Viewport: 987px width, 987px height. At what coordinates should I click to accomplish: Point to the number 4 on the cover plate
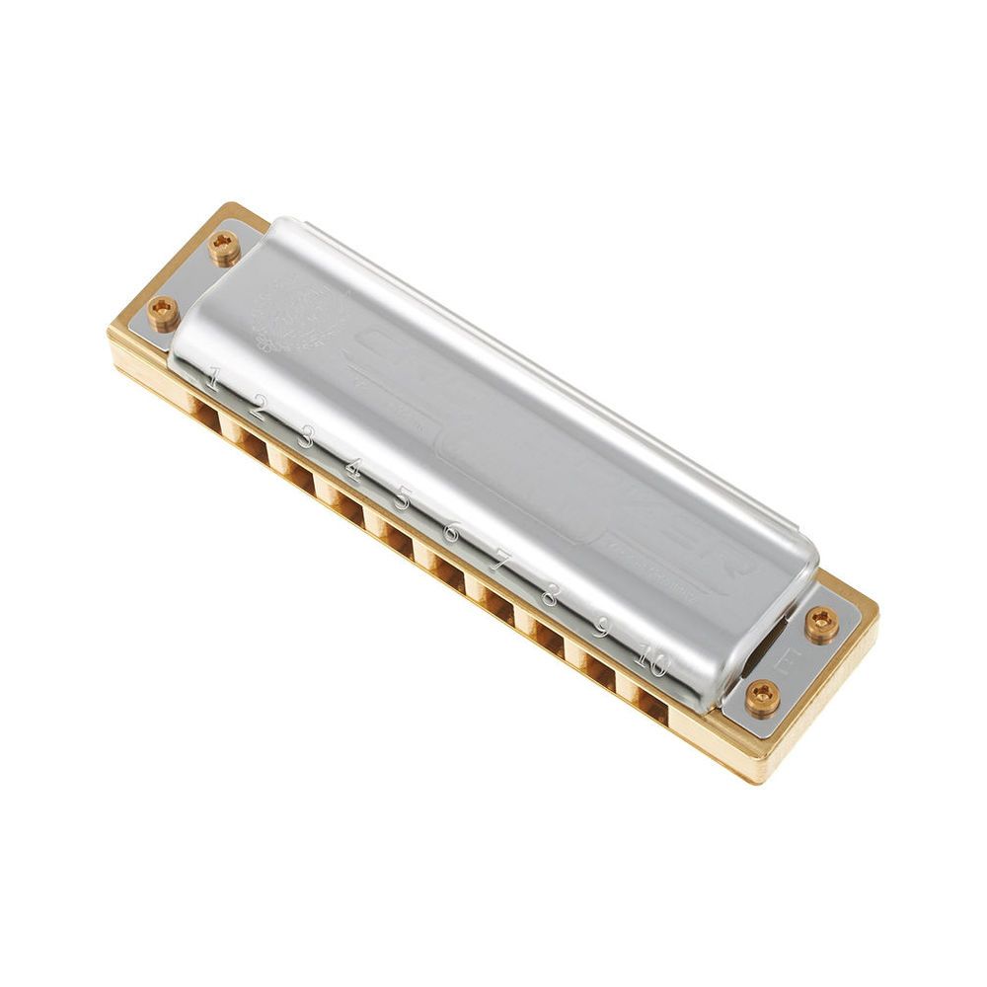351,468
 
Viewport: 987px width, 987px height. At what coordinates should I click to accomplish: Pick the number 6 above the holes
451,532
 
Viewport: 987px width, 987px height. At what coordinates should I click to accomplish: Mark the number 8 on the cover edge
550,595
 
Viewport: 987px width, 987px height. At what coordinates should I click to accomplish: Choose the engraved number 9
599,627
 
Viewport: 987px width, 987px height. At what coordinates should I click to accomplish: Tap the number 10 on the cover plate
650,659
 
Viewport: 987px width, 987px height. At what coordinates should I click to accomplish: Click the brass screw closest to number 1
163,312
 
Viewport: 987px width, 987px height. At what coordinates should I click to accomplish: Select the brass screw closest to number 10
762,698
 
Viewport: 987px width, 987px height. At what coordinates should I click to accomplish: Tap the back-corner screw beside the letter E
821,623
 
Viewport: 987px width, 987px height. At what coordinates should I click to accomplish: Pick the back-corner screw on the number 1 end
224,247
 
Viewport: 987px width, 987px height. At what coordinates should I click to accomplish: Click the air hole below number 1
205,418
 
